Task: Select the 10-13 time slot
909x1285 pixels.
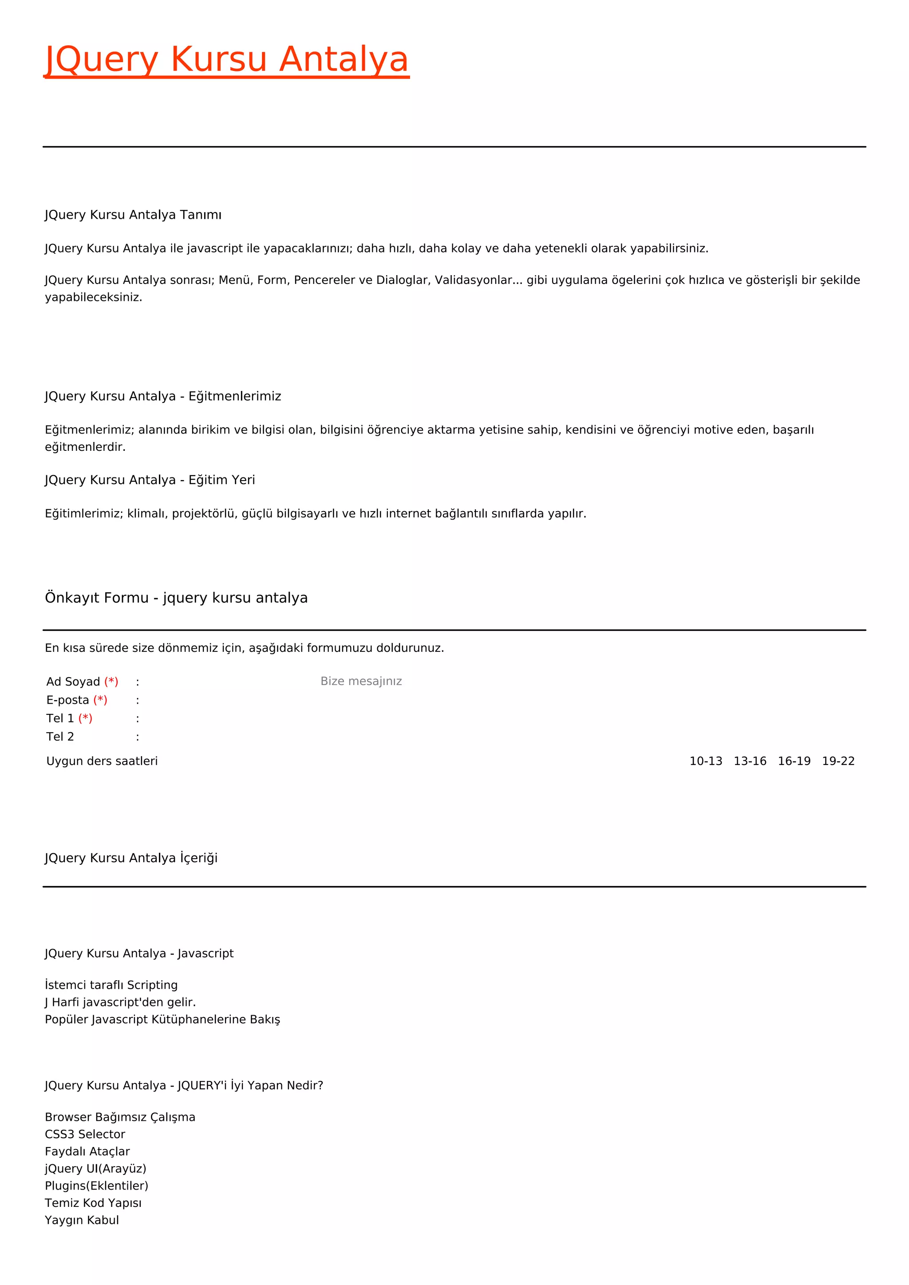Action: (705, 761)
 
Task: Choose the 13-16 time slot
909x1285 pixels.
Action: (750, 761)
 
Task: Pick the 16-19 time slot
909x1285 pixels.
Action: (794, 761)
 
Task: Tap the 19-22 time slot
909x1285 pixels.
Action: (838, 761)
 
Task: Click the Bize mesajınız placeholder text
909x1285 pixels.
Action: (361, 681)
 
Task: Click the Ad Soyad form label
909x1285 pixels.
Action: (73, 682)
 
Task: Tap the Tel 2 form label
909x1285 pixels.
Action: (60, 737)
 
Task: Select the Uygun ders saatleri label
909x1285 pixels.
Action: (102, 761)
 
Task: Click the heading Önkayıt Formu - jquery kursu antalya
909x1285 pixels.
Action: (176, 598)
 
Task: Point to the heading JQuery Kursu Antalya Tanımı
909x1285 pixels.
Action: (133, 215)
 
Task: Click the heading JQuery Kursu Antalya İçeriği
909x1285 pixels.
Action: (131, 858)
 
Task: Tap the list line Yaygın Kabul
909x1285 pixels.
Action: (82, 1220)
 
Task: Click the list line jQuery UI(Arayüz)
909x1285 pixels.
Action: (95, 1169)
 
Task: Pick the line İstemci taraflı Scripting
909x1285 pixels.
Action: (111, 985)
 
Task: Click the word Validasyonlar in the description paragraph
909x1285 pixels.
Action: (474, 280)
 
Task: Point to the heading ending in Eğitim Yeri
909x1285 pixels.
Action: (150, 480)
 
